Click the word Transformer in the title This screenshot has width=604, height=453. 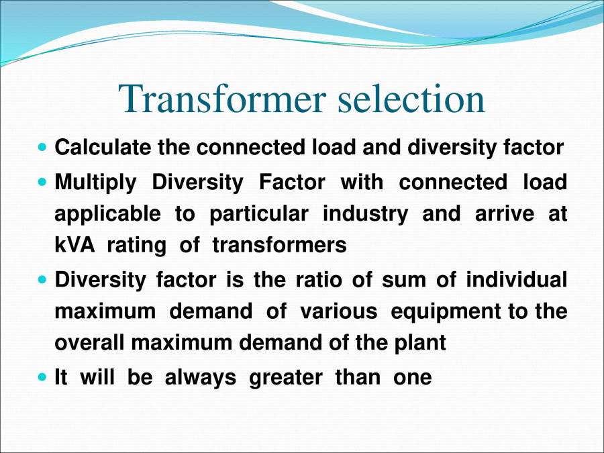[223, 99]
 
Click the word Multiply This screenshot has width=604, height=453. [95, 182]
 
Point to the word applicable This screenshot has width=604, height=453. [107, 214]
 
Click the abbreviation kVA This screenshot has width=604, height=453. [72, 246]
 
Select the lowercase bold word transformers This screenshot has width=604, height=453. [279, 246]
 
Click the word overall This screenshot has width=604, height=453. [91, 343]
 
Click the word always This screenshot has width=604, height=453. [200, 378]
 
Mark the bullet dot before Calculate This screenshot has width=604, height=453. [44, 146]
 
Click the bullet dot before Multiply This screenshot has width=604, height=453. [44, 181]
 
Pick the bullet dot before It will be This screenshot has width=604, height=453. [44, 377]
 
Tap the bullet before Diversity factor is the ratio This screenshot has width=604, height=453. [44, 279]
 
